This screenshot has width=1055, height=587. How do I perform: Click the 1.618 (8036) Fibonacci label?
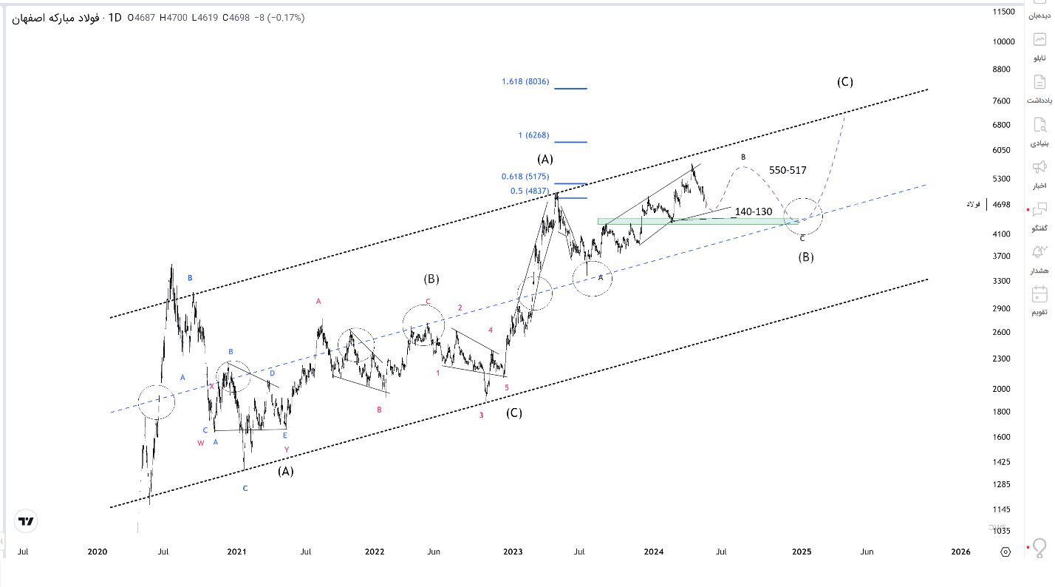[x=525, y=82]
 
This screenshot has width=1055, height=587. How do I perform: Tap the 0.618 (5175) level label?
[x=525, y=177]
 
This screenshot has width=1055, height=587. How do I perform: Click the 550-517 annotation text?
[x=788, y=170]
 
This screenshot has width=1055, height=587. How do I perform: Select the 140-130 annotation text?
[x=754, y=212]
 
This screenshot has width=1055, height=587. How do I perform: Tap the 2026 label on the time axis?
[x=960, y=552]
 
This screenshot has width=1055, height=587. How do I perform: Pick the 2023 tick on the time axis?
[x=513, y=552]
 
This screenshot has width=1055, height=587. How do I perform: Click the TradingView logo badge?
[x=26, y=521]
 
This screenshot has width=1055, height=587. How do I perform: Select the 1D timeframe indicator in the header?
[x=115, y=17]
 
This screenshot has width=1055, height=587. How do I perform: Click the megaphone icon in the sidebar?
[x=1039, y=166]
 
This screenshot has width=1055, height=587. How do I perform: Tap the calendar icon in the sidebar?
[x=1039, y=294]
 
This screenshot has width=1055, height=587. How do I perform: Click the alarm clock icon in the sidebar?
[x=1039, y=251]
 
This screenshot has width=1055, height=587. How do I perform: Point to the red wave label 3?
[x=481, y=415]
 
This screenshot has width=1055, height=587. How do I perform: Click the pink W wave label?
[x=200, y=444]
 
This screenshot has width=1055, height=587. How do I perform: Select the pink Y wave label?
[x=286, y=449]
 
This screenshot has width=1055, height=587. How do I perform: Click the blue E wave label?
[x=284, y=435]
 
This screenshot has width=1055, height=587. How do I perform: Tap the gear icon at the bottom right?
[x=1005, y=552]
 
